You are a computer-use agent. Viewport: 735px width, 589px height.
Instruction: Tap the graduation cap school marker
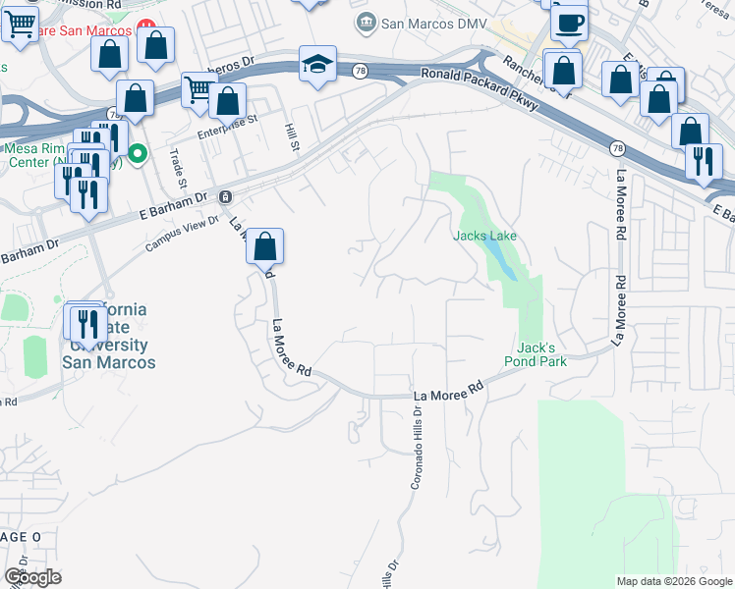(317, 66)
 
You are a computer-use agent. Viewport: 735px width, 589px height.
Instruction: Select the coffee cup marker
(568, 21)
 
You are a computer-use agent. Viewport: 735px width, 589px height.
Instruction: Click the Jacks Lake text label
(484, 237)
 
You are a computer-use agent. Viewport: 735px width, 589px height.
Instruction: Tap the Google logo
(32, 577)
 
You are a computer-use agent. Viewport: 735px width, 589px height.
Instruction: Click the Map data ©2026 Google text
(674, 581)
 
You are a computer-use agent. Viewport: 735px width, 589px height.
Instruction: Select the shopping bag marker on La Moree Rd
(264, 246)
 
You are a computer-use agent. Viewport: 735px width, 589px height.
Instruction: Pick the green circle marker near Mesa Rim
(139, 153)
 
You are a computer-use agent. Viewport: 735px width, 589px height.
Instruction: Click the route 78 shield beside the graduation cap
(361, 71)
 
